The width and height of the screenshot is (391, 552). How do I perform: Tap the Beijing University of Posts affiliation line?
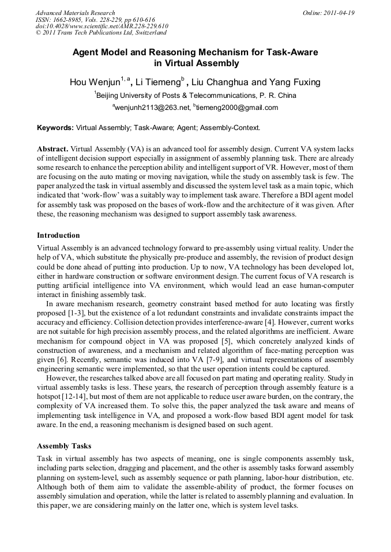click(195, 96)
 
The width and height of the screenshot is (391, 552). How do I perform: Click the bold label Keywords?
click(55, 128)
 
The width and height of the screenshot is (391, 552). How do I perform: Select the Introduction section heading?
click(58, 235)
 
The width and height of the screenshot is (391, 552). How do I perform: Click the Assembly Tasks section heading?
click(64, 446)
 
